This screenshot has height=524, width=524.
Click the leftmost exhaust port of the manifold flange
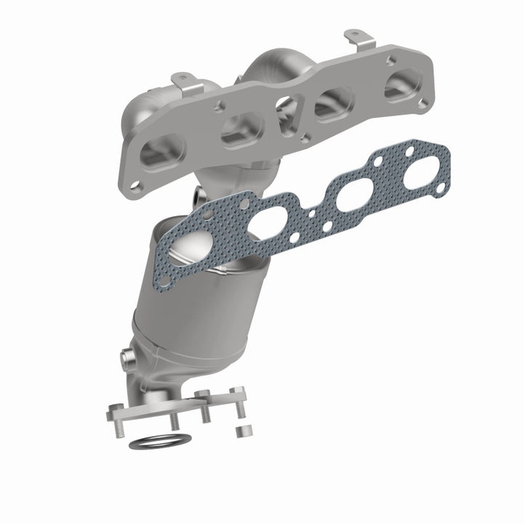158,152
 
